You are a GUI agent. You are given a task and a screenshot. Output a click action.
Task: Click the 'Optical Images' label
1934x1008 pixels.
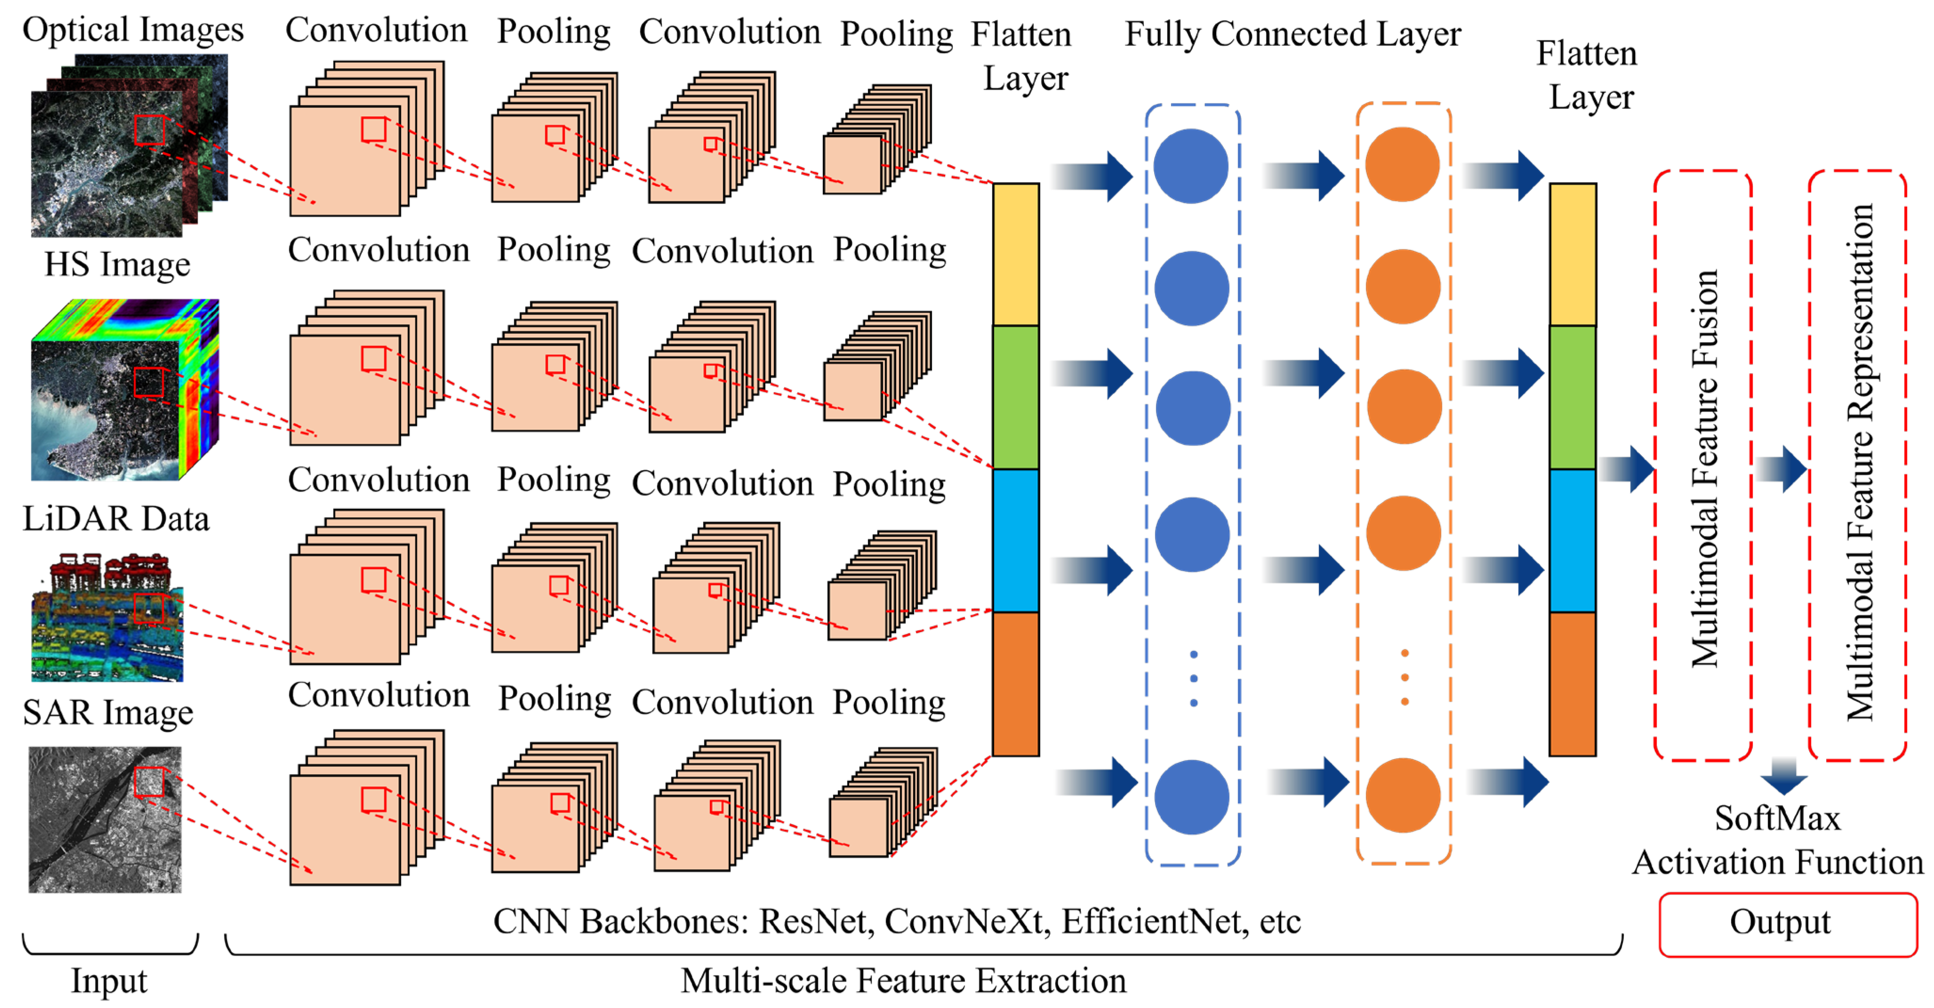[133, 30]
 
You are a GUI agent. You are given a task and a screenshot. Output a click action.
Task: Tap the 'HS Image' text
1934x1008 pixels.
[117, 264]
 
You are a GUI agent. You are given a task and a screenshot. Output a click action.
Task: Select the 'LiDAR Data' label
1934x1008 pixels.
[116, 519]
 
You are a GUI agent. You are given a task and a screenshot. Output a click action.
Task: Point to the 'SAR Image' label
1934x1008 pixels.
[108, 712]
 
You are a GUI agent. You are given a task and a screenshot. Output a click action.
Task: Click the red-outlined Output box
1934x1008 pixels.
[1787, 924]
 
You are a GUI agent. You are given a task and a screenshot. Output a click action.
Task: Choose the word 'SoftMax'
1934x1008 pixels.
[1777, 818]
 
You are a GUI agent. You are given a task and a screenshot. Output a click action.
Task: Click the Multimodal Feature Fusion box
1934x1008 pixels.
[1703, 465]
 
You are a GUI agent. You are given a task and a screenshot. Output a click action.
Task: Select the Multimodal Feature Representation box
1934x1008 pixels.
[1857, 465]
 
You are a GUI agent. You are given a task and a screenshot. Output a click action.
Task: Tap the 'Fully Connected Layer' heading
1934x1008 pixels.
[1292, 34]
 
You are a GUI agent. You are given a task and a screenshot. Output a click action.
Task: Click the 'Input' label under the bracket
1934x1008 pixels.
[109, 980]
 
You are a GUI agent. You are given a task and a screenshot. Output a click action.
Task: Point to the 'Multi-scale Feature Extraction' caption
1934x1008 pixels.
[903, 980]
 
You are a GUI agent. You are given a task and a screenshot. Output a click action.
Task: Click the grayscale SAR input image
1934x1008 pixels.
[105, 820]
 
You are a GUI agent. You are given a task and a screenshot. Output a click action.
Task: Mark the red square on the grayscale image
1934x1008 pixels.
[149, 782]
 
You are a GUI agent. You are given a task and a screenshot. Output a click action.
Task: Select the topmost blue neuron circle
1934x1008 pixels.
[1191, 166]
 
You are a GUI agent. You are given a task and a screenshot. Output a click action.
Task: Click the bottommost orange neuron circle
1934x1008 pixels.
[1403, 796]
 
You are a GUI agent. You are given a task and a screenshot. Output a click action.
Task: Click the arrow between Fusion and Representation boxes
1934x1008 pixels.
[1781, 470]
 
